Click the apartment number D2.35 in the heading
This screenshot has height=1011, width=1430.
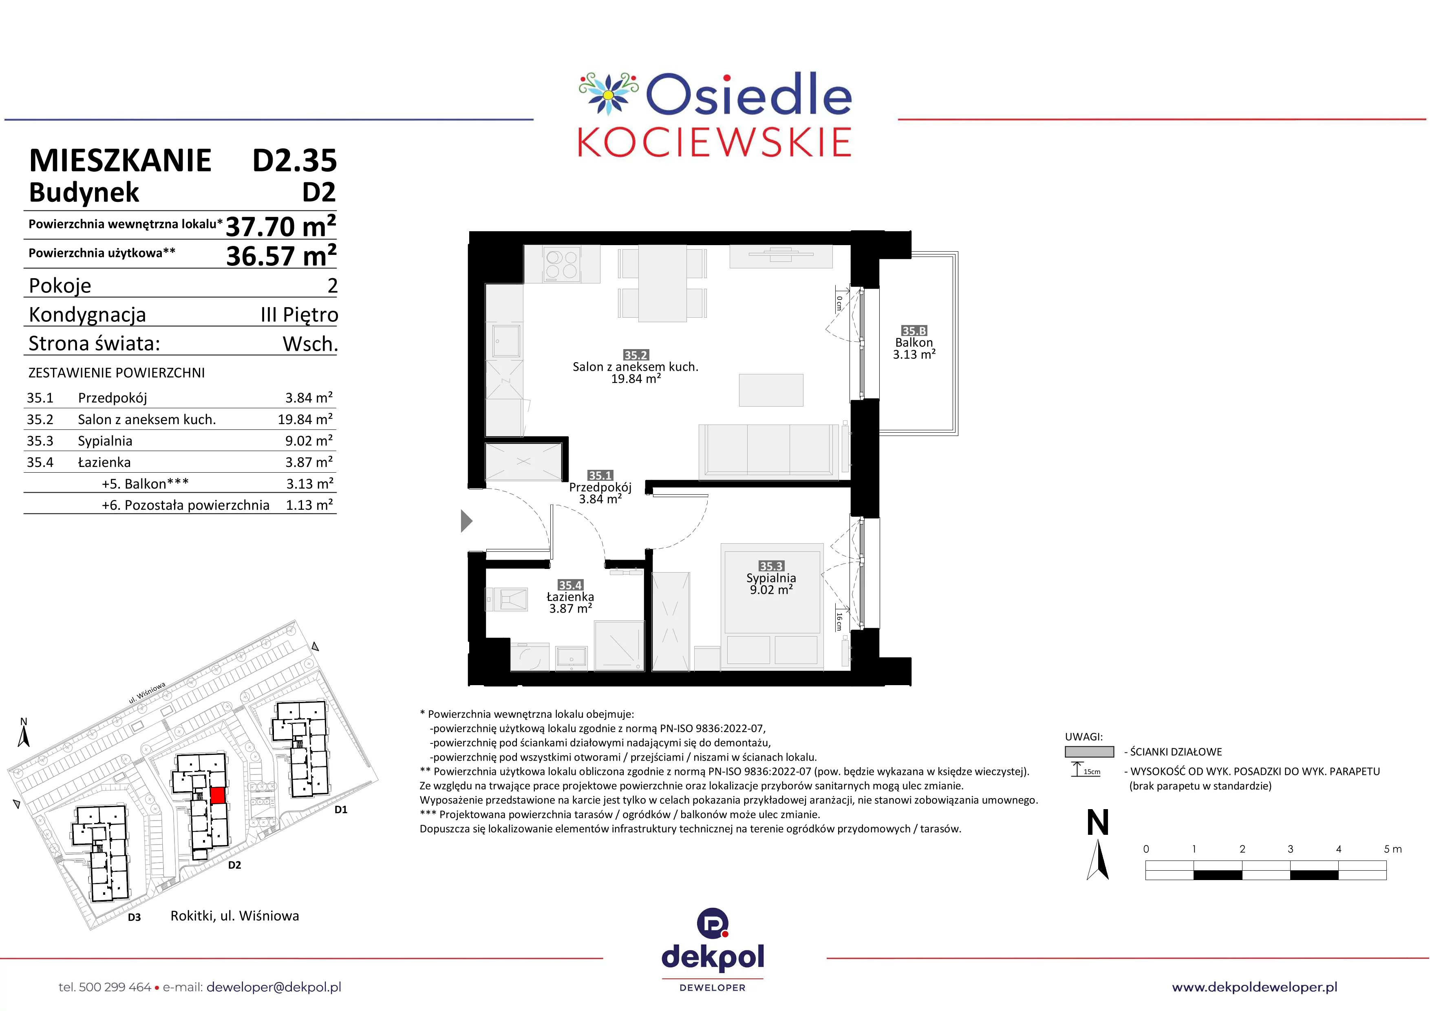(x=295, y=161)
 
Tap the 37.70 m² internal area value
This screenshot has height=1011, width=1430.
(x=281, y=226)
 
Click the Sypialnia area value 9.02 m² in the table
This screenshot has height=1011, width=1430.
(x=309, y=441)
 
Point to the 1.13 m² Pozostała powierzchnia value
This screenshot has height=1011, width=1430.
(x=309, y=505)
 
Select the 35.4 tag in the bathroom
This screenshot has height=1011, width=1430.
(x=570, y=585)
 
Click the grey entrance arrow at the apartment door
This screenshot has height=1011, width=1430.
(x=466, y=521)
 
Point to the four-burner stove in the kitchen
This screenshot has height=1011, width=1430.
(x=561, y=265)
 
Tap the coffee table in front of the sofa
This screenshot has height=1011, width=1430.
(x=771, y=390)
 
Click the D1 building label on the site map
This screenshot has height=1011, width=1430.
(x=341, y=810)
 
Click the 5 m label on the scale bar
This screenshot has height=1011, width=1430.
(x=1392, y=849)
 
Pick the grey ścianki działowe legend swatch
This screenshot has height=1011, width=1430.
(x=1089, y=752)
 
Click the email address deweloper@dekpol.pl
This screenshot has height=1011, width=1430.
(x=274, y=987)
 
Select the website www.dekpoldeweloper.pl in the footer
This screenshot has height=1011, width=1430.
(x=1254, y=987)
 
